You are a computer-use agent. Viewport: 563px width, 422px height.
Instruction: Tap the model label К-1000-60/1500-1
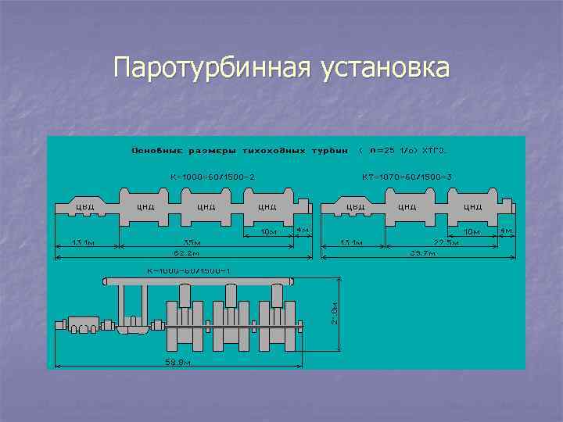188,270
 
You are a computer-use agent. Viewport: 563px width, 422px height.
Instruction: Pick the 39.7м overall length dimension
422,253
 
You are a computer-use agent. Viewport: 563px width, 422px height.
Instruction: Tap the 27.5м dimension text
446,242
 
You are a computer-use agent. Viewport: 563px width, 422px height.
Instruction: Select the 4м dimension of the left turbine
303,231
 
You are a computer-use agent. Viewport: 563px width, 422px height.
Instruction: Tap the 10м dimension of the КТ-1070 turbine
472,232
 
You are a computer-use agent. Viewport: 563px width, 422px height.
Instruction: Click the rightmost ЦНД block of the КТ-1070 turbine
472,207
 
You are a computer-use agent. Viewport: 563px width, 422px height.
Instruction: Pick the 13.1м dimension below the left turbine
82,242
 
